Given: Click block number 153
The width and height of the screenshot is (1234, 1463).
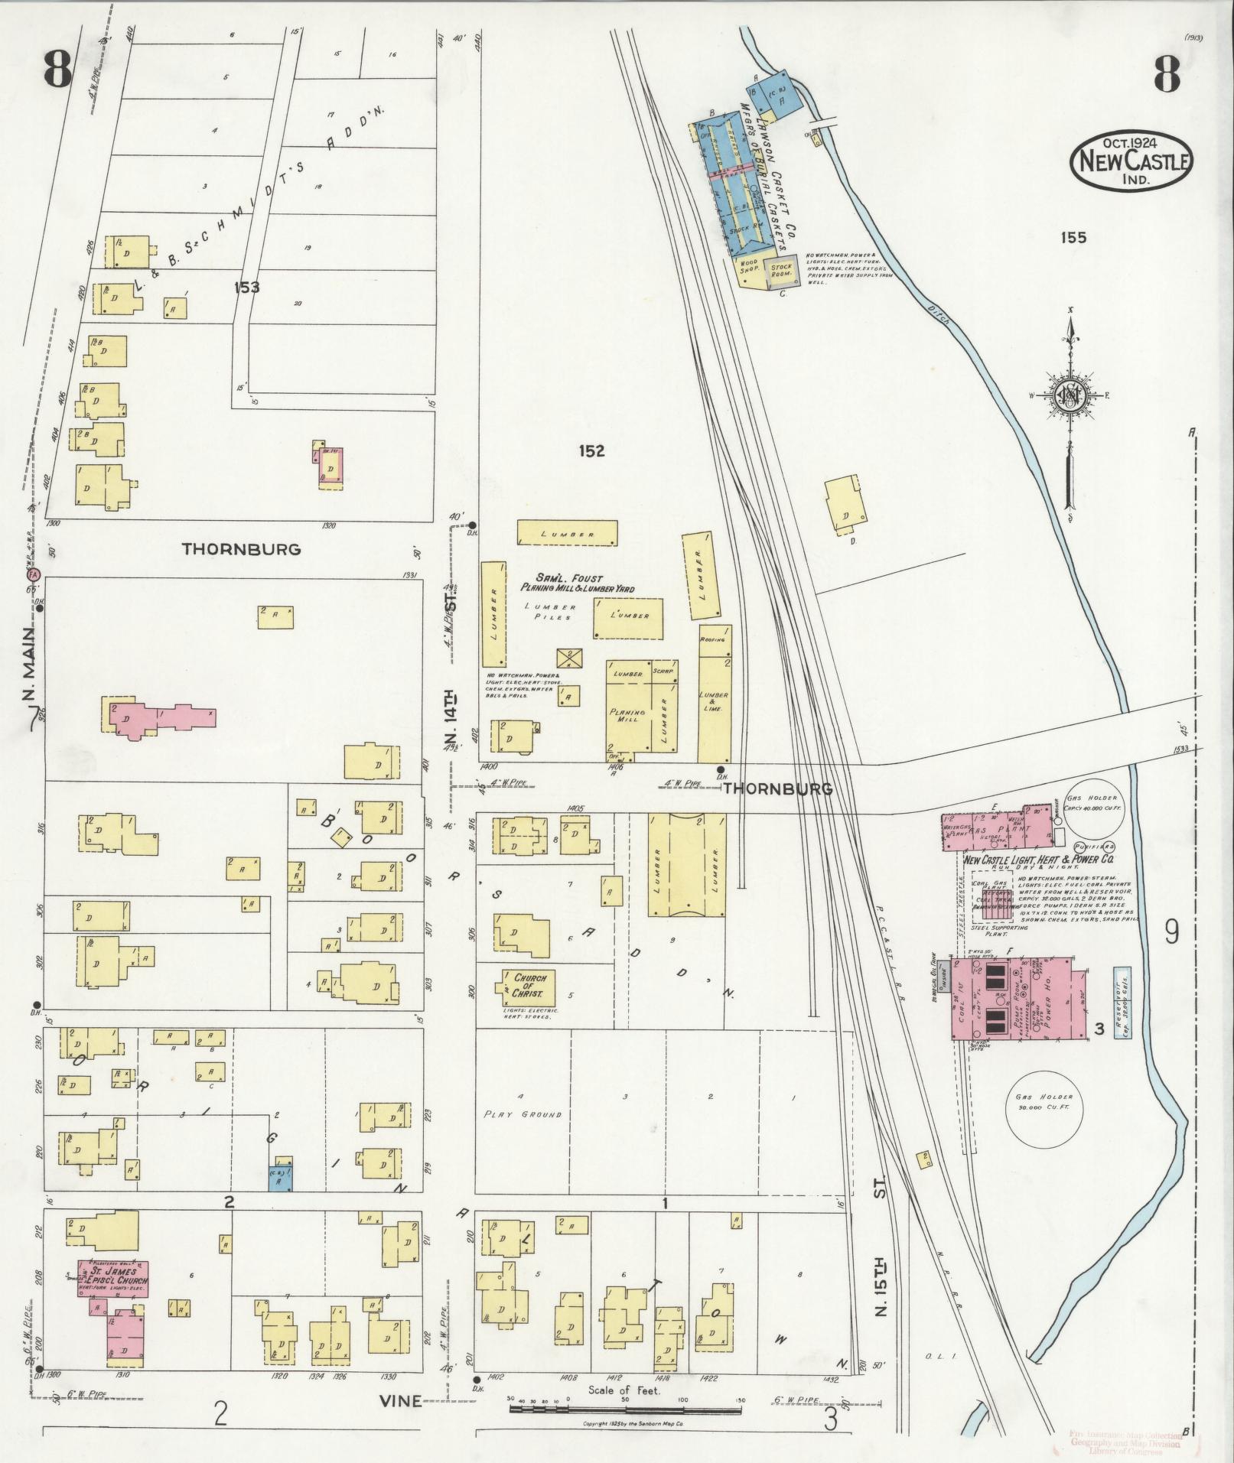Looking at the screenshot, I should [x=247, y=288].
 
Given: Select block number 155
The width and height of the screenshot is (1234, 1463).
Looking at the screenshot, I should [x=1073, y=238].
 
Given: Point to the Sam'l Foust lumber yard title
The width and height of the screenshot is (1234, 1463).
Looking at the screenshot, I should [x=578, y=583].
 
